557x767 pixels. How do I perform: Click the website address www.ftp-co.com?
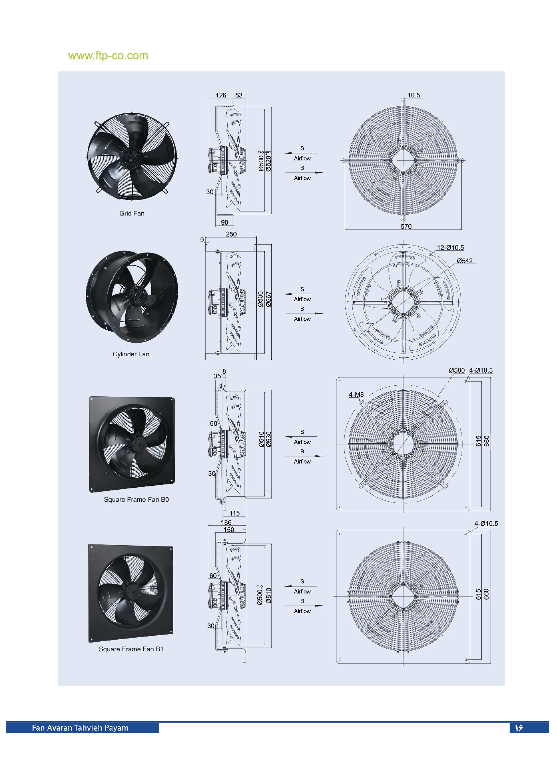[108, 56]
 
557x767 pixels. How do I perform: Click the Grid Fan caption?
[131, 214]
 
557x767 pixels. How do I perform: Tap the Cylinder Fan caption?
[131, 354]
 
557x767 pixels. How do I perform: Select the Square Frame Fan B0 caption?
[136, 499]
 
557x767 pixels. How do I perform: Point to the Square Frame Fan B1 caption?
[131, 649]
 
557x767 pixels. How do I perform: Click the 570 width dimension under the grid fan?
[406, 226]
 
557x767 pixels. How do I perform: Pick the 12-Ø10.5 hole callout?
[450, 248]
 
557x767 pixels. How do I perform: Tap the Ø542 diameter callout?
[465, 261]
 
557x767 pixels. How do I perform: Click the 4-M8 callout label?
[356, 394]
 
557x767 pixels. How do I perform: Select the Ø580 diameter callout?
[457, 370]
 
